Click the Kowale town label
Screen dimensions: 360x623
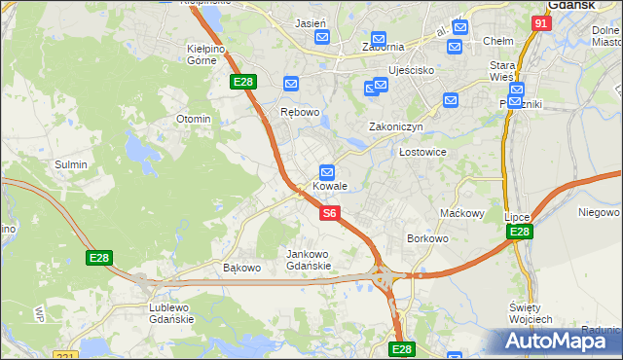(329, 186)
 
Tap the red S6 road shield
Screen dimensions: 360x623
(329, 213)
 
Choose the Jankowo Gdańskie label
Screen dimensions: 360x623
(310, 260)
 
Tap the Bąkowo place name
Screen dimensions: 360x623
(242, 268)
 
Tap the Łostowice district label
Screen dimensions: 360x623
(422, 152)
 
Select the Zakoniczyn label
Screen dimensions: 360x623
(395, 126)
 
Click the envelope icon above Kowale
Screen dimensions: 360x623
(328, 170)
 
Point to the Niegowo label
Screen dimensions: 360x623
(599, 212)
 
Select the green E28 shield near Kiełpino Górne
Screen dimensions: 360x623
(243, 84)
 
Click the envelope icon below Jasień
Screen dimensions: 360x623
(323, 38)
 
